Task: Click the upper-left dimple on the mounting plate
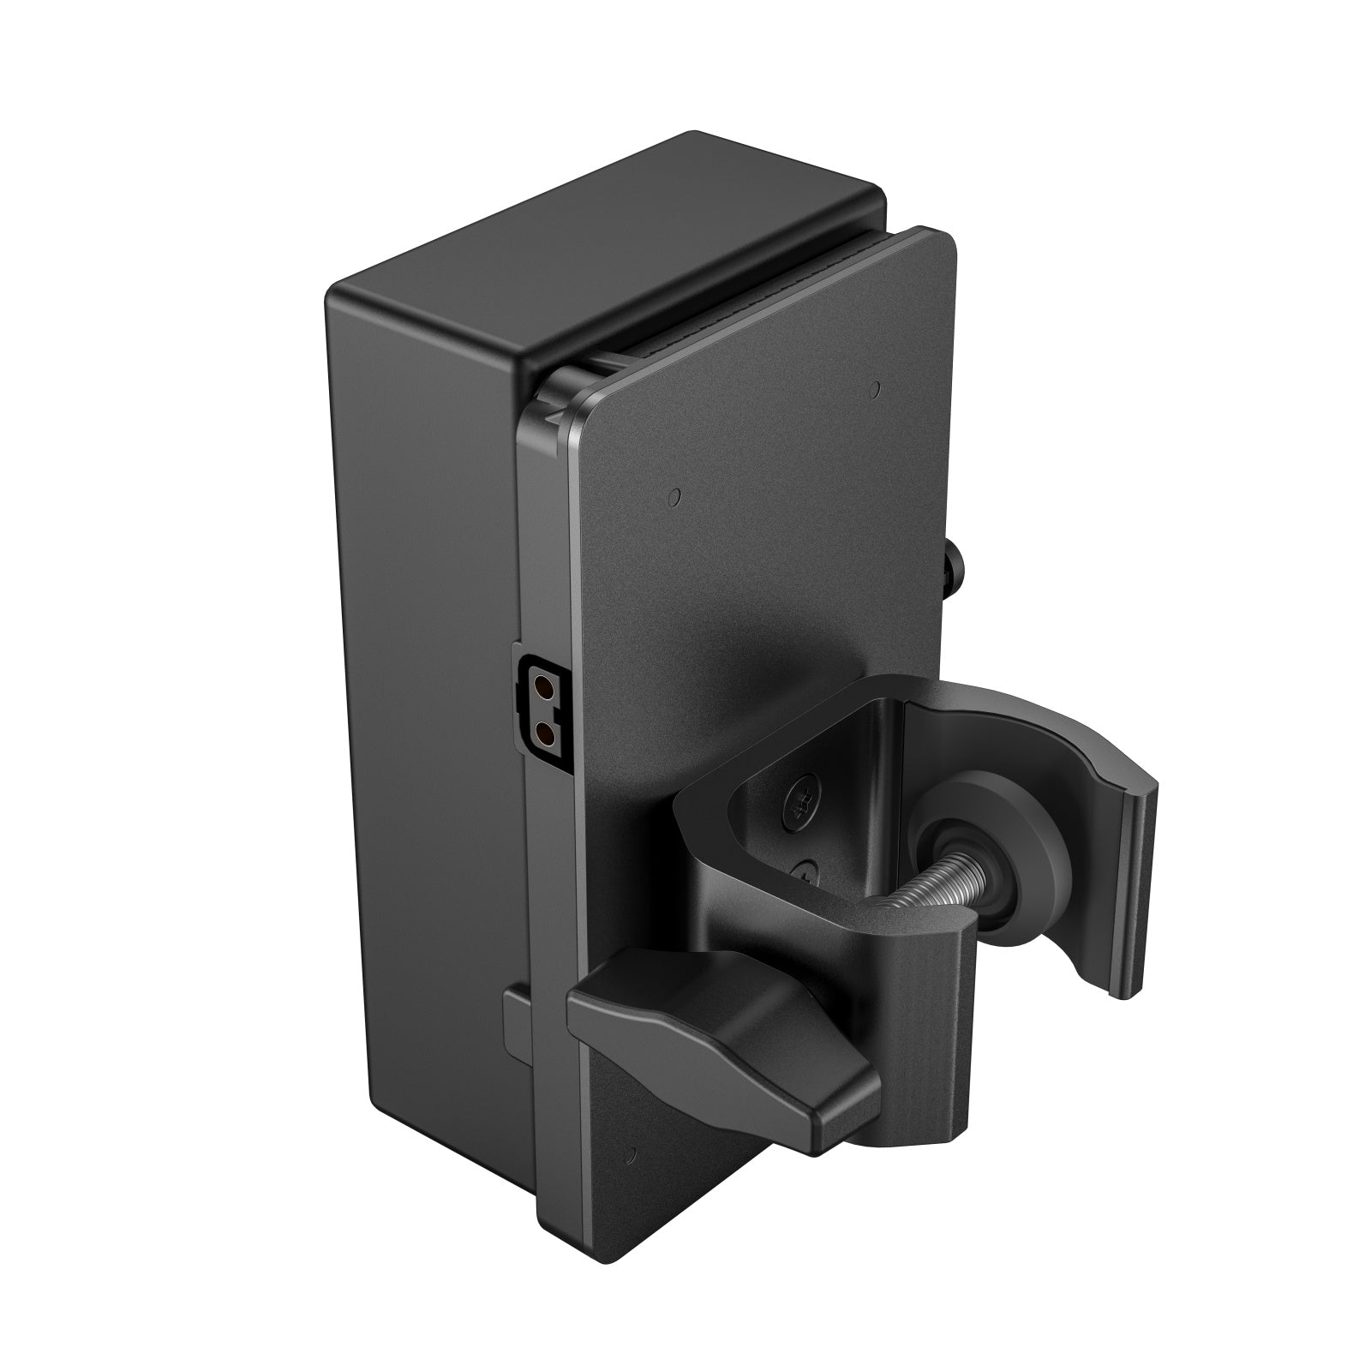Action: click(x=675, y=495)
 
